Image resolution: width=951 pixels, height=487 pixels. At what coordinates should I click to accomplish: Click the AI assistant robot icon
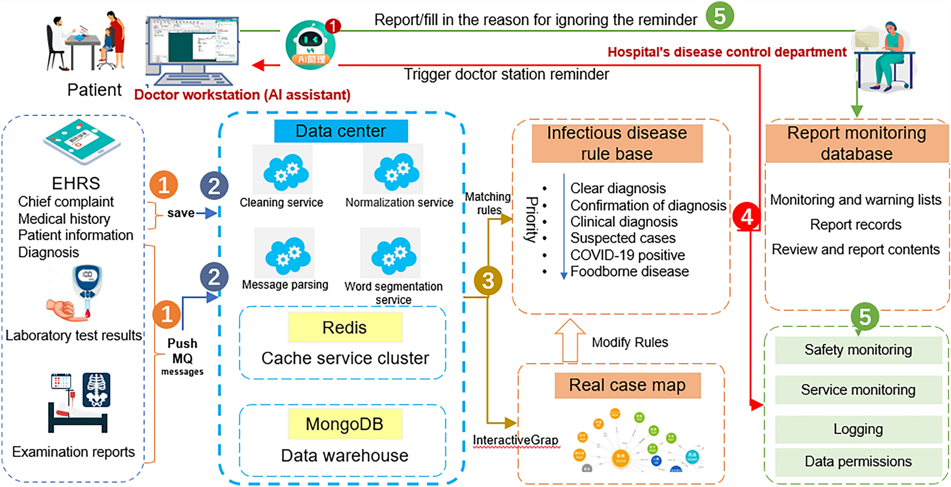(310, 45)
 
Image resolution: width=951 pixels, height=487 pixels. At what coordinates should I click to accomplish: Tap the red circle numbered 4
(747, 216)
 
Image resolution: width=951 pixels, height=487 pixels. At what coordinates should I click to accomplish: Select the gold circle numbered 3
(488, 280)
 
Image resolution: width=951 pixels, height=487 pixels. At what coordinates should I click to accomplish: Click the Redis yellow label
(345, 327)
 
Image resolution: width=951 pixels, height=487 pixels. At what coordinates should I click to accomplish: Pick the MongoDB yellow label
(345, 424)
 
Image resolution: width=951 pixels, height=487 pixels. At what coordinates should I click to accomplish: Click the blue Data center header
(341, 131)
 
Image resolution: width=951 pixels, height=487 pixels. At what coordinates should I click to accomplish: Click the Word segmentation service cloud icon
(393, 255)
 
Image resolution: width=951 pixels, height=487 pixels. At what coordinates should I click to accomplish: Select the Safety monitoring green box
(858, 350)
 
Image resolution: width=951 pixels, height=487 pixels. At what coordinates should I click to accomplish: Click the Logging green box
(858, 429)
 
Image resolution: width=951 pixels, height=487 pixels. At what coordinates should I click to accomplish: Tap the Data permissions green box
(858, 462)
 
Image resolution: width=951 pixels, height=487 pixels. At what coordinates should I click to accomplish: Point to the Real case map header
(627, 385)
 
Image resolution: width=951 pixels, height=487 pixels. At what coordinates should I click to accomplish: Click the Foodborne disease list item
(629, 272)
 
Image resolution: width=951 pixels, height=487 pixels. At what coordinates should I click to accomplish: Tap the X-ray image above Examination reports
(96, 389)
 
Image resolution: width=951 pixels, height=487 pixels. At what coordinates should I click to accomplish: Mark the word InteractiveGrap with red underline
(516, 441)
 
